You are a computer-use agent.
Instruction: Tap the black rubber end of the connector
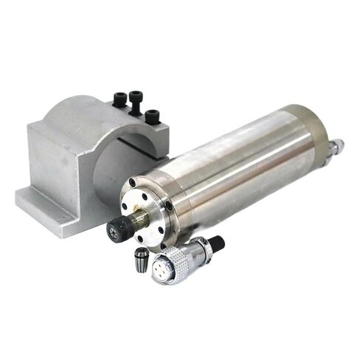click(217, 242)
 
